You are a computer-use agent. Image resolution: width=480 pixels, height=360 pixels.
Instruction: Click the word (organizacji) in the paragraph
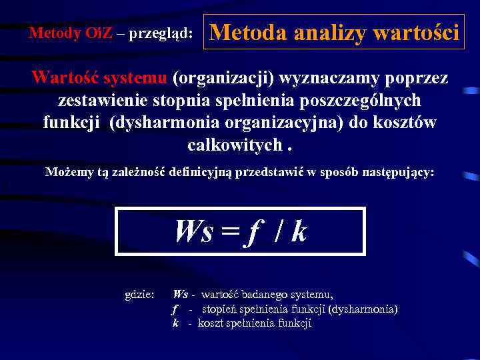pos(223,78)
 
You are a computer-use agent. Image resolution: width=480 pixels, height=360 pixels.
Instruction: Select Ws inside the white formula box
pos(195,231)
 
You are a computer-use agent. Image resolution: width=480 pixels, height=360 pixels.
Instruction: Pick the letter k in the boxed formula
pos(299,231)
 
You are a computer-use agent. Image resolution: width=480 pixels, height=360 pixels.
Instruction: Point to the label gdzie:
pos(140,294)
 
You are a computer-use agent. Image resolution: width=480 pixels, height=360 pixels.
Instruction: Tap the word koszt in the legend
pos(211,323)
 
